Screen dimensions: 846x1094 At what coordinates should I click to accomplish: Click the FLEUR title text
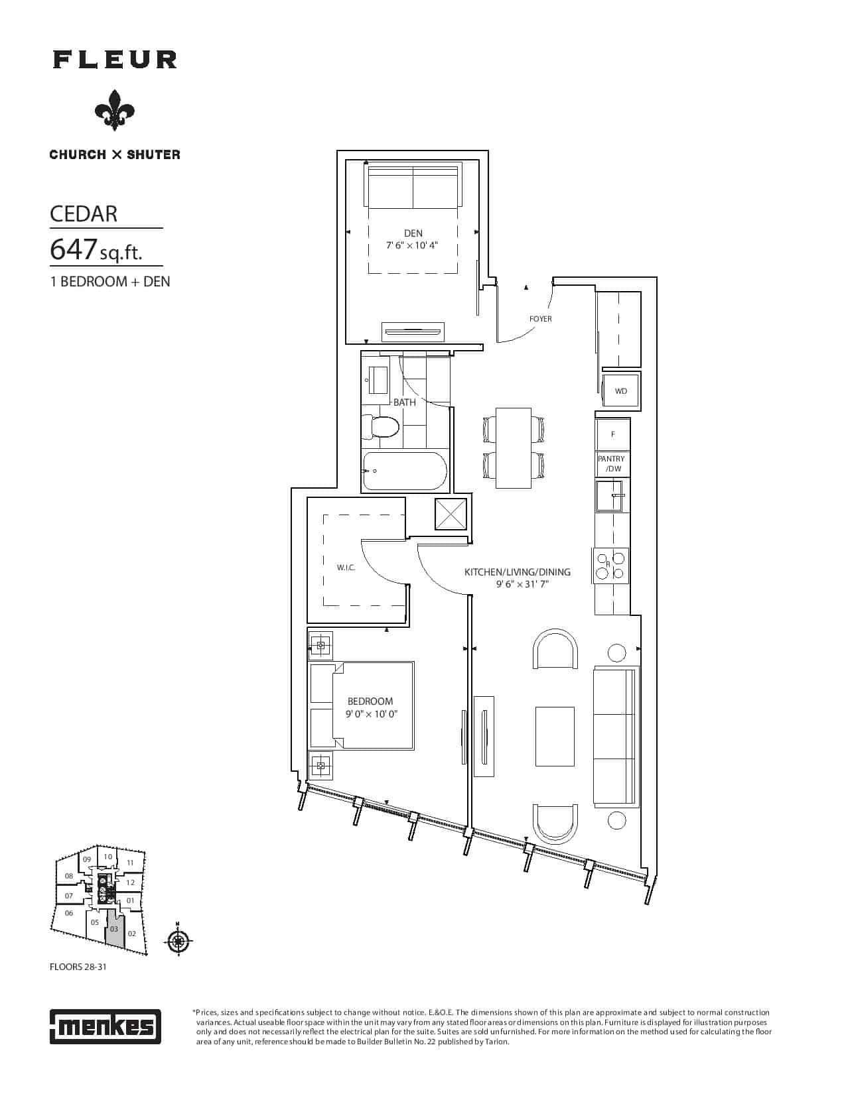pyautogui.click(x=115, y=60)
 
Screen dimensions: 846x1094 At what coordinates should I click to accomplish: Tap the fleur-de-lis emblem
pyautogui.click(x=115, y=110)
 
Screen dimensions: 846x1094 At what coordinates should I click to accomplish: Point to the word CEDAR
pyautogui.click(x=84, y=214)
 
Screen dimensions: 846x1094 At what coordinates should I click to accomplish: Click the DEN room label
pyautogui.click(x=413, y=233)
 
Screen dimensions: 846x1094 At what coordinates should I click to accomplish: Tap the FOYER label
pyautogui.click(x=540, y=319)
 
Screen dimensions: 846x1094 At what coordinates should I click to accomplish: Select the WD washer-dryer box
pyautogui.click(x=621, y=391)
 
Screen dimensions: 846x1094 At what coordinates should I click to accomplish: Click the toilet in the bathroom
pyautogui.click(x=380, y=428)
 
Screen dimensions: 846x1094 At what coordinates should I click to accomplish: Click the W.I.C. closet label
pyautogui.click(x=346, y=568)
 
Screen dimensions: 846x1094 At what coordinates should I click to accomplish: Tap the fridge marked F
pyautogui.click(x=612, y=434)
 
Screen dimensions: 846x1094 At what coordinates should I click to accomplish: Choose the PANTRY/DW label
pyautogui.click(x=612, y=463)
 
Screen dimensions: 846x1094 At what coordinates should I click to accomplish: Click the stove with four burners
pyautogui.click(x=610, y=566)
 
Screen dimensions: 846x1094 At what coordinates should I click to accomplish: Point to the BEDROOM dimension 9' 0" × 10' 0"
pyautogui.click(x=372, y=714)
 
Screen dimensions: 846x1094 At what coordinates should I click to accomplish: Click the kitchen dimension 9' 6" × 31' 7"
pyautogui.click(x=522, y=584)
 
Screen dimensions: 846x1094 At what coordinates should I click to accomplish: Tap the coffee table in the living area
pyautogui.click(x=555, y=736)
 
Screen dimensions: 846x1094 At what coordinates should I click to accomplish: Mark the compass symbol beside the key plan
pyautogui.click(x=178, y=940)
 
